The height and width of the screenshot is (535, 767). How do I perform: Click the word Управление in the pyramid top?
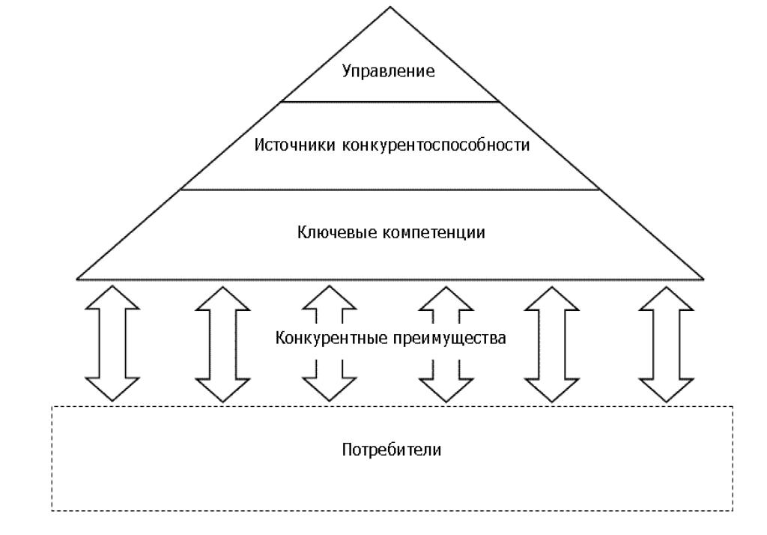389,72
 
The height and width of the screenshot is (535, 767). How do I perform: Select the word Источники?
294,145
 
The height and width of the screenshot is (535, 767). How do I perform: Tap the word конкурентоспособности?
435,145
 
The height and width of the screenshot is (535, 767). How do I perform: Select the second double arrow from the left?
222,342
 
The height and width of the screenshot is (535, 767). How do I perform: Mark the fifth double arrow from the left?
552,342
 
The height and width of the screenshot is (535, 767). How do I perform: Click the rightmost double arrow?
666,342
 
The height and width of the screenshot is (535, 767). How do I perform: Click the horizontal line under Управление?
389,101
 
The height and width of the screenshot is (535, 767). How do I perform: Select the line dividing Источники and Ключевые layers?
389,190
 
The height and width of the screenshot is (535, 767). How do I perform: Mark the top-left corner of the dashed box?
52,406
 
